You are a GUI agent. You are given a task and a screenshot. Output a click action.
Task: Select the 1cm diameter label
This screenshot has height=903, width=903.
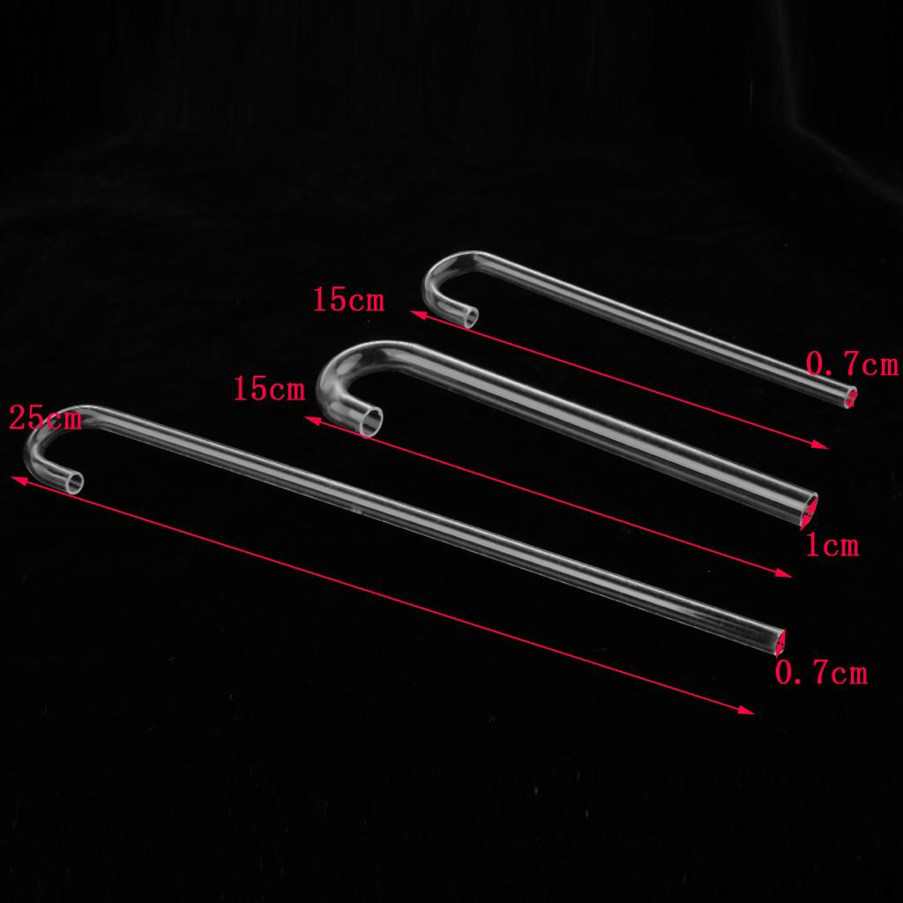pos(832,545)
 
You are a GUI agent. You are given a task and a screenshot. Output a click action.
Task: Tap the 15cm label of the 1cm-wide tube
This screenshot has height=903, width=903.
pos(269,388)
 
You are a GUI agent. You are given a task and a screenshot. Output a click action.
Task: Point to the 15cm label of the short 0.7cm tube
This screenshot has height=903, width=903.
pos(348,300)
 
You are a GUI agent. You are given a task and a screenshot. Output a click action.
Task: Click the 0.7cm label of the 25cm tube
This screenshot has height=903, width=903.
pos(821,672)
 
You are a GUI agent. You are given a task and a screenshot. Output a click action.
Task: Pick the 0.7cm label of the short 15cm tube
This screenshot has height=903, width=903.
pos(852,364)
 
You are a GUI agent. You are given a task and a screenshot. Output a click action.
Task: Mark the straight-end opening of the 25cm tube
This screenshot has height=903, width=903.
pos(780,642)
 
